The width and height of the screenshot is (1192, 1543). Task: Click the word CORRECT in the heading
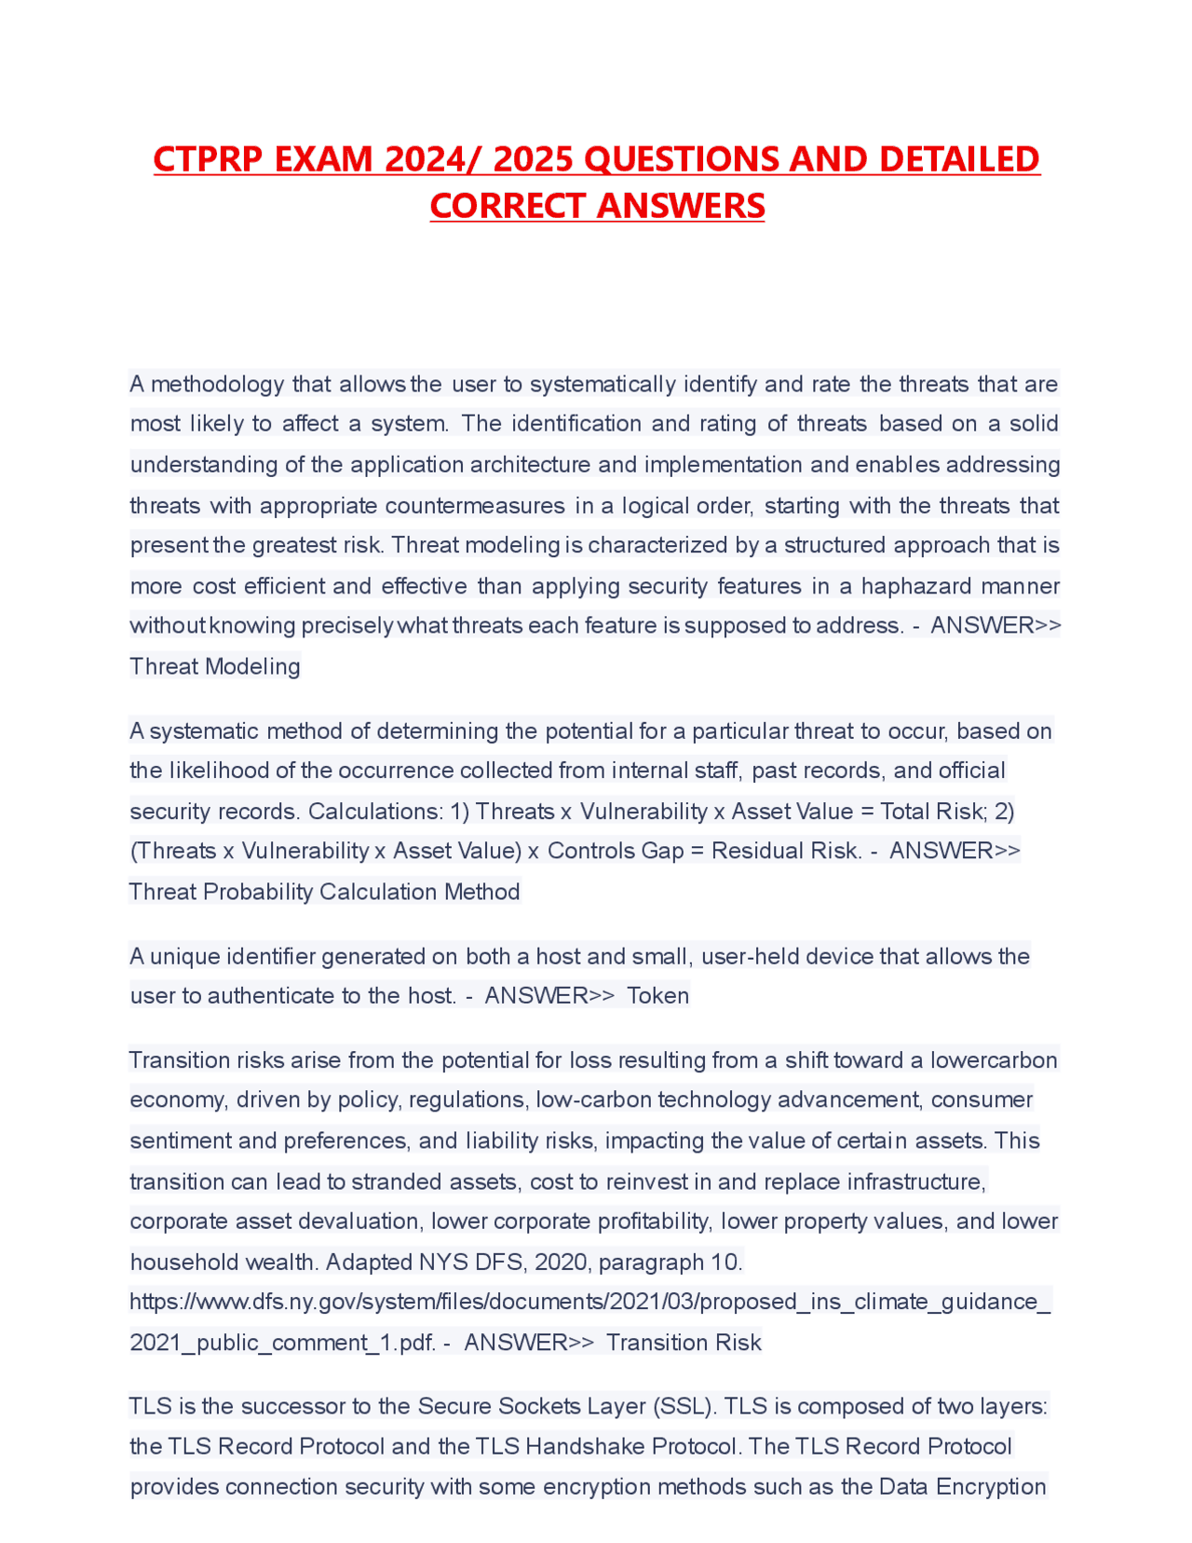point(508,206)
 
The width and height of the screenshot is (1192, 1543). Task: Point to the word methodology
point(217,384)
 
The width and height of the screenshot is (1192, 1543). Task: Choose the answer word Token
point(658,995)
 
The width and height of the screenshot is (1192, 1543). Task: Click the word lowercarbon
point(994,1059)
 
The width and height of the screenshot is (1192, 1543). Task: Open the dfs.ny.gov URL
point(590,1302)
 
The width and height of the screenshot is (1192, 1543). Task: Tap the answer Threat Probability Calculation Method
point(324,892)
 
